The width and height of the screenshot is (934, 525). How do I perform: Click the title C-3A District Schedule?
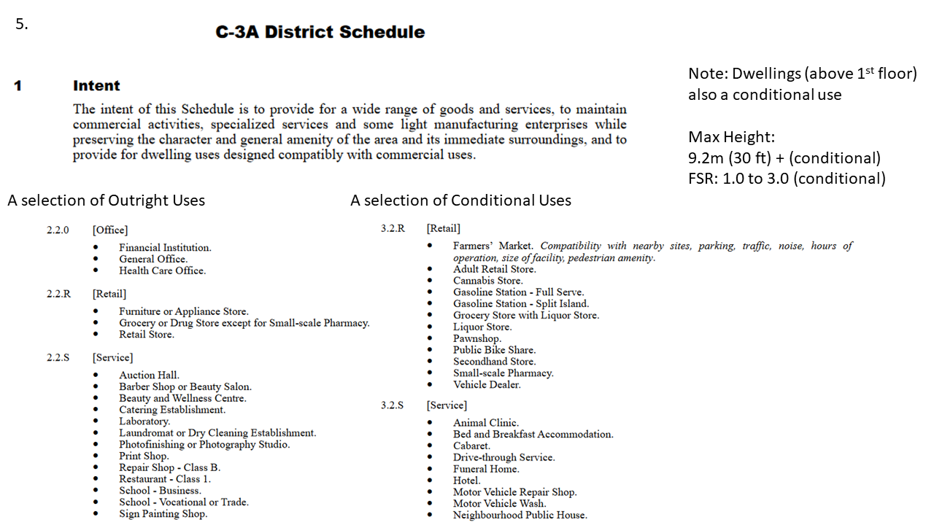click(x=320, y=32)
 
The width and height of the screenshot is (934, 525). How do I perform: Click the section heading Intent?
click(x=96, y=86)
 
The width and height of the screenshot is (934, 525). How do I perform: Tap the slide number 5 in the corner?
click(x=22, y=24)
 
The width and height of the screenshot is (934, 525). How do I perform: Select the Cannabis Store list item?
click(x=487, y=281)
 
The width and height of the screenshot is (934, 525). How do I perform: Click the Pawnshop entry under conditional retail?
click(x=477, y=338)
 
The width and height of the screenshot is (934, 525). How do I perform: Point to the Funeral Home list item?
click(x=486, y=469)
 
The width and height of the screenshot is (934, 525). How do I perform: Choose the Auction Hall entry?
click(x=149, y=376)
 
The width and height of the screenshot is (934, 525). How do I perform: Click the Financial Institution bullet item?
click(x=165, y=248)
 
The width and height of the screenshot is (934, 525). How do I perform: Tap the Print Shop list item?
click(x=144, y=456)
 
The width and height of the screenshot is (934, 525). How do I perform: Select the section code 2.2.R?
click(x=58, y=294)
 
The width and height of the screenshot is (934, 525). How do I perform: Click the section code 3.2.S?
click(x=392, y=405)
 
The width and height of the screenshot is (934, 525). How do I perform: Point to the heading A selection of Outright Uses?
click(x=107, y=201)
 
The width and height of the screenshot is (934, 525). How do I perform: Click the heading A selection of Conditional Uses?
click(x=460, y=201)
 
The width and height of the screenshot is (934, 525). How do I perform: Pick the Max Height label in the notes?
click(x=730, y=137)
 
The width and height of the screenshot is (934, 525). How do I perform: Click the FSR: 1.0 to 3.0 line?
click(x=787, y=179)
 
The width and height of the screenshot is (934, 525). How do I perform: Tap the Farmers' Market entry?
click(x=493, y=246)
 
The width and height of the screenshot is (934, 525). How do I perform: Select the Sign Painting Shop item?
click(x=163, y=514)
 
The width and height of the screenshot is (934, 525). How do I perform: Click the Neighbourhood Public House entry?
click(x=520, y=516)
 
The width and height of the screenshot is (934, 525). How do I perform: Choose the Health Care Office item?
click(x=163, y=271)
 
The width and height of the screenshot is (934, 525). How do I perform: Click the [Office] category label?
click(x=110, y=230)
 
